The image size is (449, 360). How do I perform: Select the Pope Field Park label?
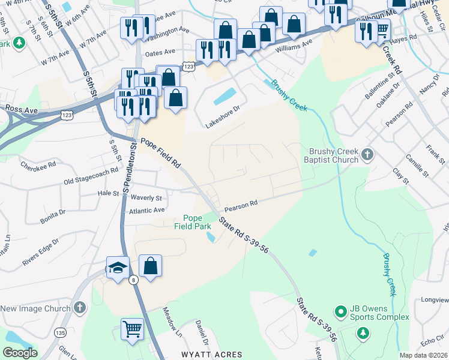[x=192, y=222]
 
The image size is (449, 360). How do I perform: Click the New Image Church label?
[x=35, y=308]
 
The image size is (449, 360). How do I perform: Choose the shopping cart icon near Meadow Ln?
[x=132, y=329]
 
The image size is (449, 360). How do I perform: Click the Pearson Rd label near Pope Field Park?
[x=241, y=206]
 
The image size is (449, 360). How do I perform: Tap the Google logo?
[x=20, y=353]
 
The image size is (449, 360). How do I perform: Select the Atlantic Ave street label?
[x=147, y=211]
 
